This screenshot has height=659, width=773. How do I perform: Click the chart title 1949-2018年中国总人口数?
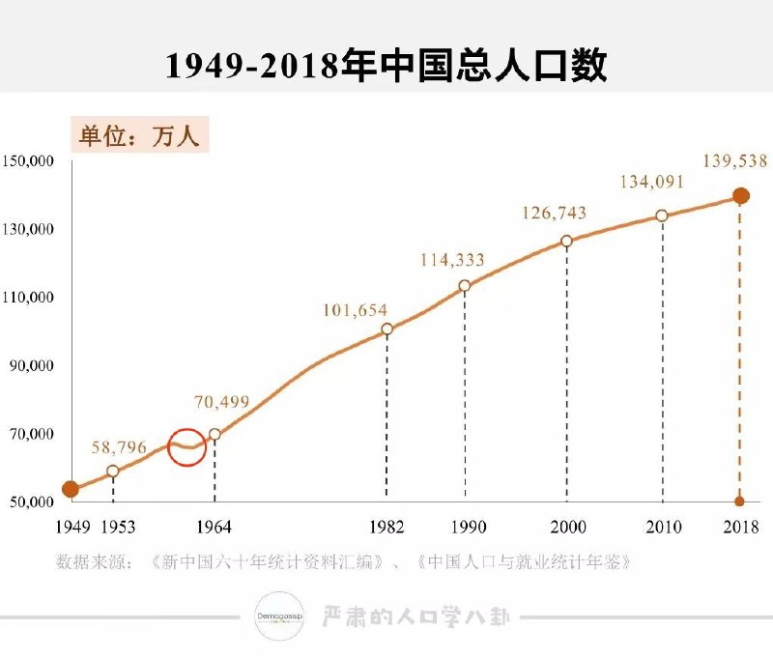386,65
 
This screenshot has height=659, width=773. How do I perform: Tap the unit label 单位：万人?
139,136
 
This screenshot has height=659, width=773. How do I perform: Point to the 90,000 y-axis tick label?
31,366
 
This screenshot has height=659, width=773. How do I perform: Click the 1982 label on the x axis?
386,527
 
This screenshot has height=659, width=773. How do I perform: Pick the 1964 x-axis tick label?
214,527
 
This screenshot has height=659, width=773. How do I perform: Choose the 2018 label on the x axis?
739,527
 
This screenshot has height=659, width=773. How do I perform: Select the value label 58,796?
119,447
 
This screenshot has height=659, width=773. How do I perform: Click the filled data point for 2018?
740,196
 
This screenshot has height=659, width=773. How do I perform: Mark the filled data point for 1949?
70,489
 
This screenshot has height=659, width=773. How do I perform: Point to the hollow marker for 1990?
465,286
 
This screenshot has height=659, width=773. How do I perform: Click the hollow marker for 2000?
566,241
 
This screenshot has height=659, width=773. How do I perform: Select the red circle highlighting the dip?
186,446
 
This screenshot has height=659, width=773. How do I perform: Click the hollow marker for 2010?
663,215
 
